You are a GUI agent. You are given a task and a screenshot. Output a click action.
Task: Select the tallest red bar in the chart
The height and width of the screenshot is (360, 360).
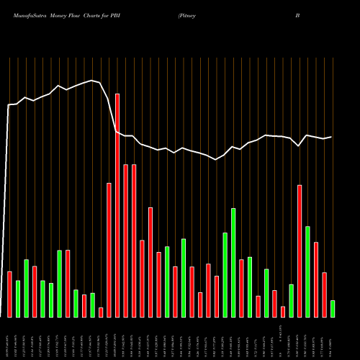[x=117, y=205]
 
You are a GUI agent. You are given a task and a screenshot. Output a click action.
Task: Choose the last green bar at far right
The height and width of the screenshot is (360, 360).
[x=333, y=308]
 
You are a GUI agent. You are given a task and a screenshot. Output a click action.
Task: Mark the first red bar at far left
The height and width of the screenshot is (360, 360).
[x=9, y=294]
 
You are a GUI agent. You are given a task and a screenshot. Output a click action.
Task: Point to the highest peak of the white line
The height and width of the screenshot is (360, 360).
[x=91, y=81]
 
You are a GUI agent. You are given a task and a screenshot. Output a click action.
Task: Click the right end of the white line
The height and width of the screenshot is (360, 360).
[x=331, y=137]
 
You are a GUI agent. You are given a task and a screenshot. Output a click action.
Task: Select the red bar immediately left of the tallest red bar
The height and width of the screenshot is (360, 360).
[x=109, y=250]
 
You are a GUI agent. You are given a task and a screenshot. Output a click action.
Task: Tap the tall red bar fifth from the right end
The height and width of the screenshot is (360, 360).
[x=300, y=251]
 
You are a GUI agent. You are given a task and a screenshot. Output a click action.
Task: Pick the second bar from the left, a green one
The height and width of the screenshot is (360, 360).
[x=18, y=298]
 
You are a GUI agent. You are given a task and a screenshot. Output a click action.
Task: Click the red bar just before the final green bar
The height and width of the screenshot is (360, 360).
[x=324, y=294]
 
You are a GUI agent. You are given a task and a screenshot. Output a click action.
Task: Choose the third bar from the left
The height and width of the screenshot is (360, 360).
[x=26, y=288]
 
